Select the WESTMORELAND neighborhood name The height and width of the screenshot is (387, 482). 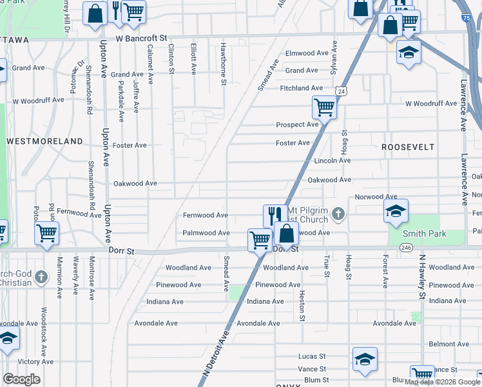[44, 141]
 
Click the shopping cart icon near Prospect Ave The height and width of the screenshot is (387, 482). [324, 106]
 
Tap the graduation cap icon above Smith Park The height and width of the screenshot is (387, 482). [396, 210]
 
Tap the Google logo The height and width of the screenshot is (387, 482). [21, 379]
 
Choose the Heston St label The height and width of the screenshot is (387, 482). [302, 304]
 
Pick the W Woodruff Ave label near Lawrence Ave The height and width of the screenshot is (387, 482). [431, 104]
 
